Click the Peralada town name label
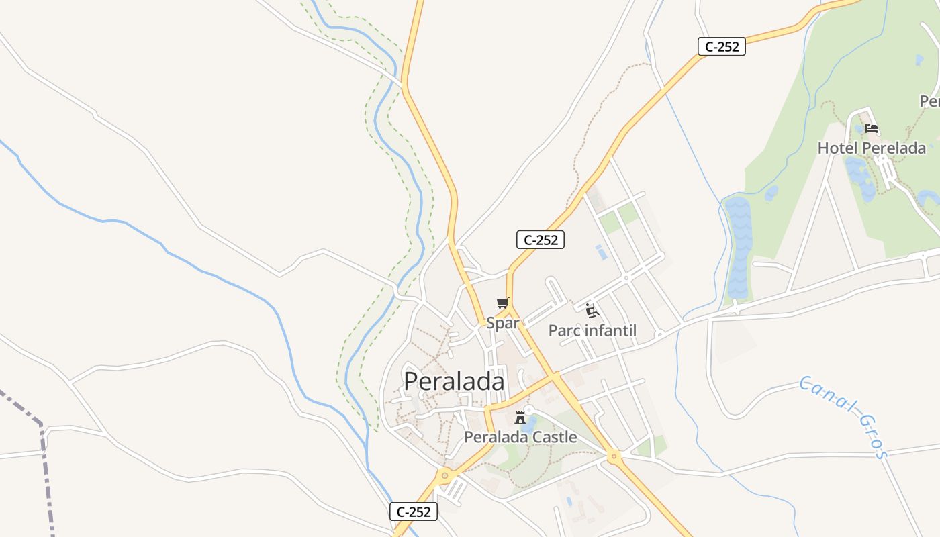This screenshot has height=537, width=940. coord(454,381)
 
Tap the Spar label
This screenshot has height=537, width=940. coord(503,323)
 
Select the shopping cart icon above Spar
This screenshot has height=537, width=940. coord(503,303)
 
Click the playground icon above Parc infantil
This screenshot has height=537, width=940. coord(592,310)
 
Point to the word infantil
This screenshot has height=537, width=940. coord(610,330)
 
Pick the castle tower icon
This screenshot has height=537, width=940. coord(520,418)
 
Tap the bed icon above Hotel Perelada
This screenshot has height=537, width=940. coord(872,128)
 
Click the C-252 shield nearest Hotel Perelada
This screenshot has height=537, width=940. coord(722,46)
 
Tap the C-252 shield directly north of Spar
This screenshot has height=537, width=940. coord(540,240)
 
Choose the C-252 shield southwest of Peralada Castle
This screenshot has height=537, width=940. coord(414,511)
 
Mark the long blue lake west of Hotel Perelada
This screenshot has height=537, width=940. coord(738,248)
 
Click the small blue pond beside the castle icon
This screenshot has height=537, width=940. coord(530,424)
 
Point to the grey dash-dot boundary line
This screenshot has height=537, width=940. coord(43,456)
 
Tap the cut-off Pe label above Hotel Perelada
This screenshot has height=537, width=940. coord(930,101)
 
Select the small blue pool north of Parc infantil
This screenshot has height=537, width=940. coord(600,252)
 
